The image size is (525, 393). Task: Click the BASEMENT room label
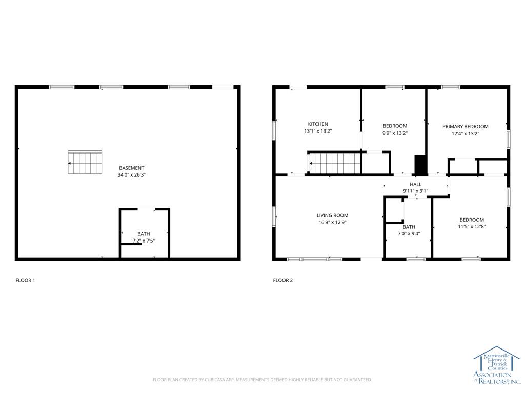click(x=131, y=168)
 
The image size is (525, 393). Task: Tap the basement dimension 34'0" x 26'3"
click(x=131, y=175)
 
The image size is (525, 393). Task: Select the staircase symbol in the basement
click(x=85, y=163)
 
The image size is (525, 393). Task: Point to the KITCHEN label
click(x=318, y=124)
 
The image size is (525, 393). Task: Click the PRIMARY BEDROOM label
click(x=466, y=126)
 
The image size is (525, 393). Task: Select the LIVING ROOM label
click(x=332, y=215)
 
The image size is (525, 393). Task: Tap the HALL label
click(x=415, y=184)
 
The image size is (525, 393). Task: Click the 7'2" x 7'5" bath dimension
click(x=144, y=241)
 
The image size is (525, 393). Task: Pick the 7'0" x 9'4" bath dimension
click(x=409, y=234)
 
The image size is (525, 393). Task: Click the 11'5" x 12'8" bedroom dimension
click(x=472, y=226)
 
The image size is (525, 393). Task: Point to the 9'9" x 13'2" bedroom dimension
click(x=395, y=133)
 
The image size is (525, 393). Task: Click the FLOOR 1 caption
click(x=25, y=280)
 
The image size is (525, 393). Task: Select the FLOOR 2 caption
click(x=282, y=280)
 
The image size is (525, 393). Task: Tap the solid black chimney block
click(x=420, y=164)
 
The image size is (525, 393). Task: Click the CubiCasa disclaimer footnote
click(x=262, y=380)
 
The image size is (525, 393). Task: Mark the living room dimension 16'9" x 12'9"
click(x=332, y=223)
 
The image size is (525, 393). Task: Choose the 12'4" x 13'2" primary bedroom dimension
click(x=466, y=134)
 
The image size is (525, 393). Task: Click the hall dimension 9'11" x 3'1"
click(x=415, y=191)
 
